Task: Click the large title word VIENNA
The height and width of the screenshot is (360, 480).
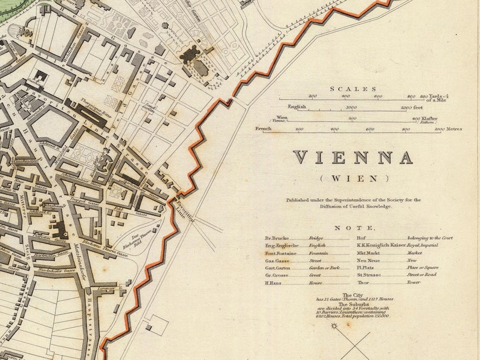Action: coord(353,158)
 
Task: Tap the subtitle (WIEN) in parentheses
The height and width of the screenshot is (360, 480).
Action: coord(354,178)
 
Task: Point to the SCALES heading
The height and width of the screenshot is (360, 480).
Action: coord(352,89)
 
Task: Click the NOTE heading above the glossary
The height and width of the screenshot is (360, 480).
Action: coord(354,228)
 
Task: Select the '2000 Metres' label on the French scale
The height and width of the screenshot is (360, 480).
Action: coord(447,129)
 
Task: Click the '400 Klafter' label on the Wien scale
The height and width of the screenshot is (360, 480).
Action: coord(424,118)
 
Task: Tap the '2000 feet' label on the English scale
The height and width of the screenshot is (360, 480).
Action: coord(410,107)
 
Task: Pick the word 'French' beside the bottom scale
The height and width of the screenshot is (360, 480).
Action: coord(264,129)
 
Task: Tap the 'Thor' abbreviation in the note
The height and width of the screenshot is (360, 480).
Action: coord(363,282)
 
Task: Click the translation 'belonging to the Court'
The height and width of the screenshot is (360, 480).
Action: coord(430,238)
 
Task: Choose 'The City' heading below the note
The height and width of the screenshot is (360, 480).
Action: coord(354,295)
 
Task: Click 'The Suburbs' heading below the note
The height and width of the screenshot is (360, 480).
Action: coord(354,304)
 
